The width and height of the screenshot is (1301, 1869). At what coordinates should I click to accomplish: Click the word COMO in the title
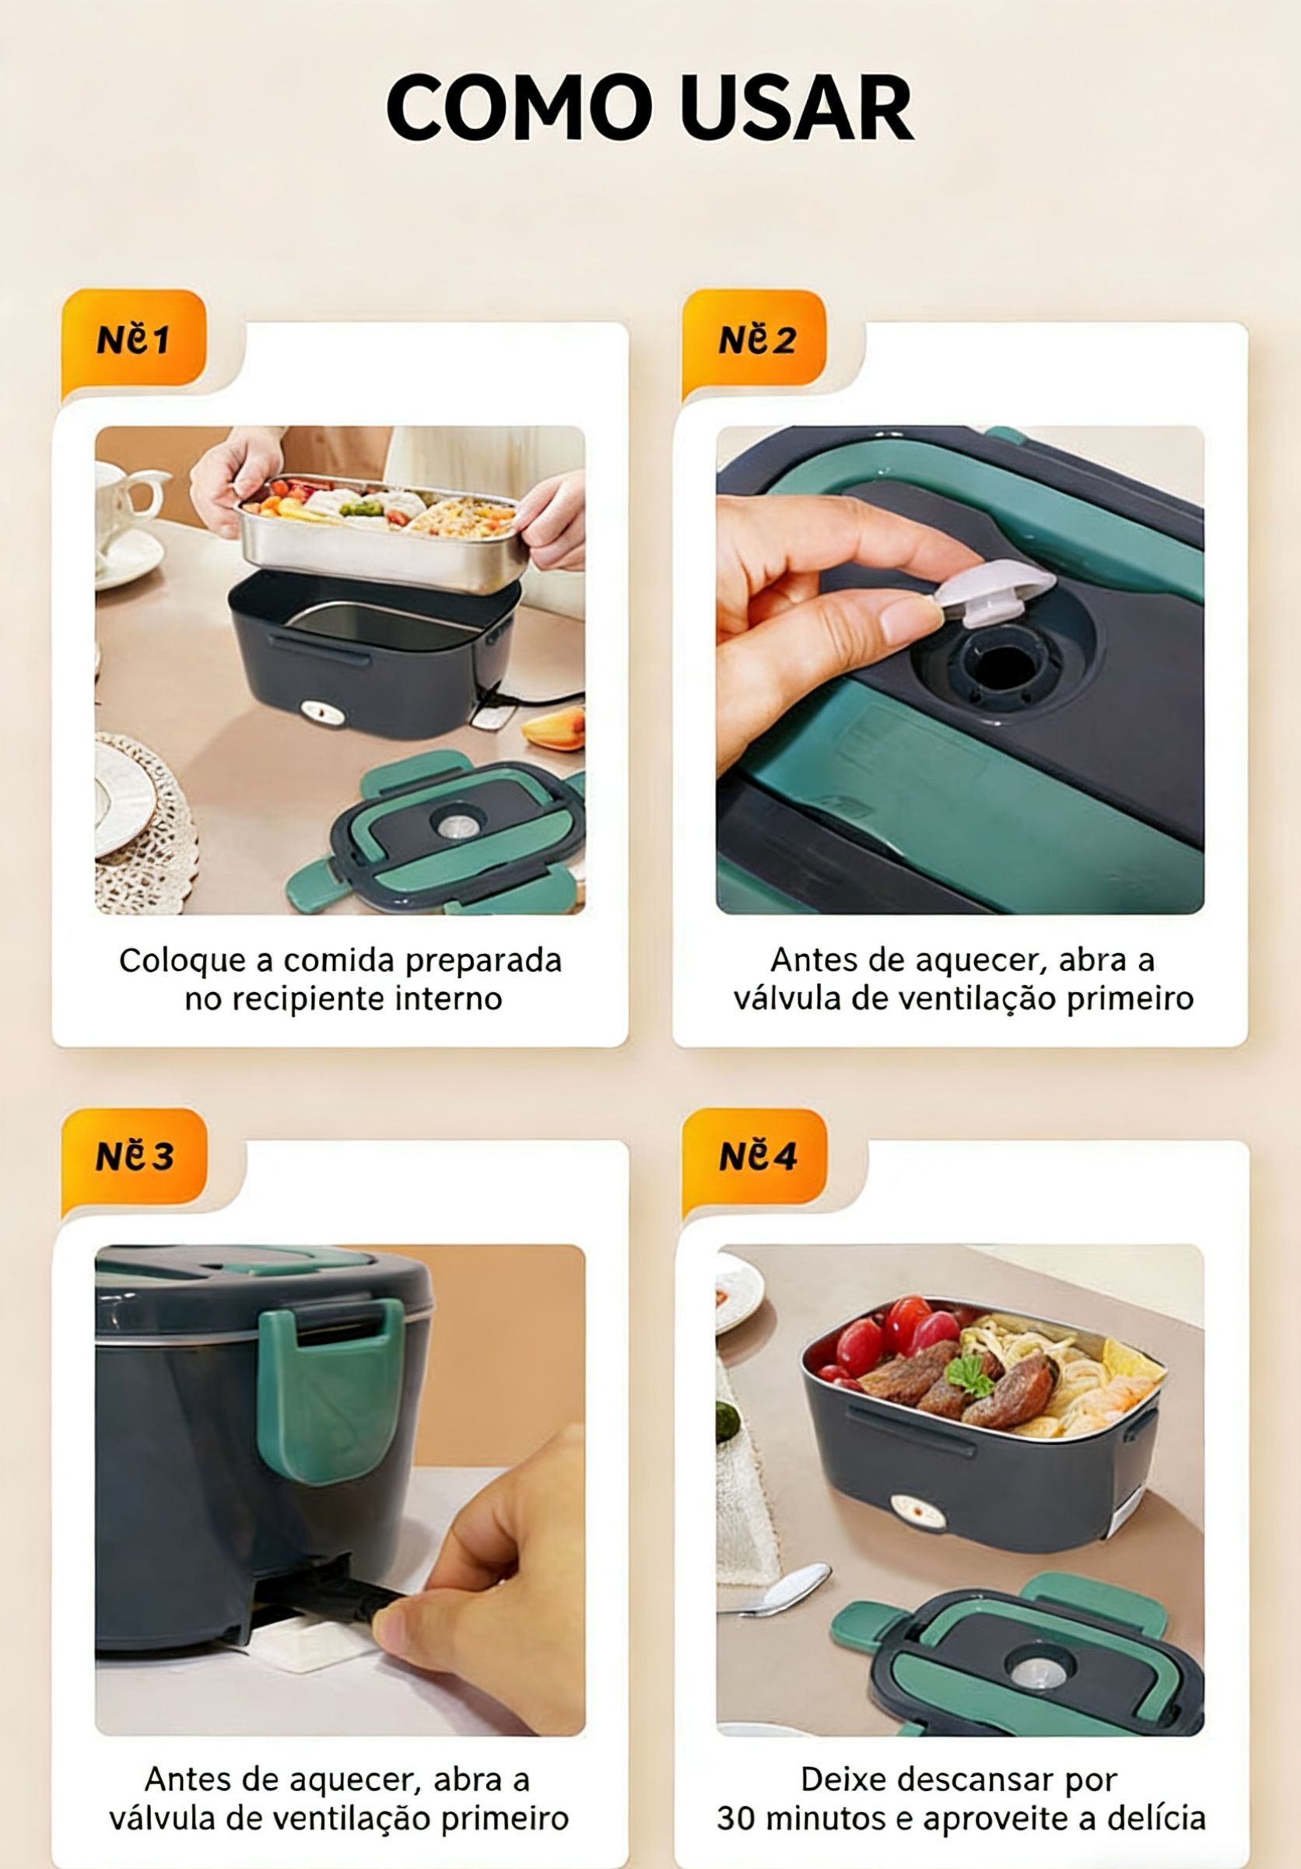tap(520, 108)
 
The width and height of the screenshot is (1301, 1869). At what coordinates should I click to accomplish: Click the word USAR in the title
tap(795, 108)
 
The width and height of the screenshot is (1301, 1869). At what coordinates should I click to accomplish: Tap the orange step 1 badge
tap(134, 338)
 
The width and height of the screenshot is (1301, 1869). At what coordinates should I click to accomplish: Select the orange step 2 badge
tap(755, 338)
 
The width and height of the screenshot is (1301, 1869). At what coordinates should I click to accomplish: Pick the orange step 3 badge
tap(134, 1155)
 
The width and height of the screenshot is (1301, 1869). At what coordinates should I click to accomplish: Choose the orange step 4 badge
tap(755, 1155)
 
